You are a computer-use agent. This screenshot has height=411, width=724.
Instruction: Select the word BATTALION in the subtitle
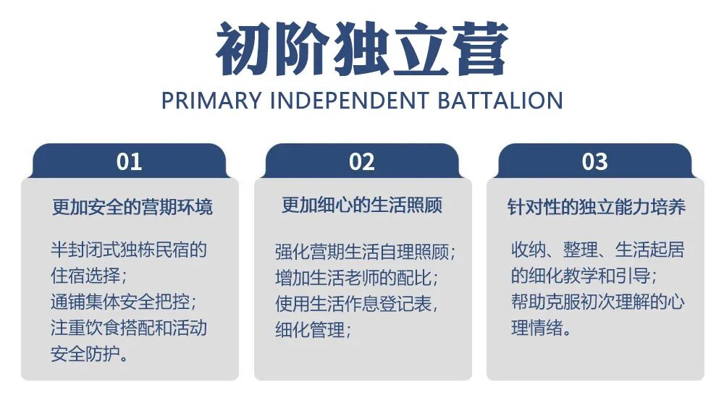tap(500, 101)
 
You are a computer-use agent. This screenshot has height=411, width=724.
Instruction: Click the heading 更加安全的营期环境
tap(132, 207)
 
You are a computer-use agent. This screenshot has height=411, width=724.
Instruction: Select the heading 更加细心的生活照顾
tap(362, 205)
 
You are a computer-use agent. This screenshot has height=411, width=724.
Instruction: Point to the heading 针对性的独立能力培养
tap(596, 207)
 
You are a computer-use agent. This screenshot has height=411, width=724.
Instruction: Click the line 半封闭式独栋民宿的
tap(129, 250)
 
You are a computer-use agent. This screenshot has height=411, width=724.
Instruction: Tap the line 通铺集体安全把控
tap(123, 301)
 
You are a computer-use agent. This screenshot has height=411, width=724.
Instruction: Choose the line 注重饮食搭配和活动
tap(129, 327)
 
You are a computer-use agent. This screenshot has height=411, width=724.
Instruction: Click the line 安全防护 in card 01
tap(91, 354)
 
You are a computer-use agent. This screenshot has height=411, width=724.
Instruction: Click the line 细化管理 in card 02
tap(313, 330)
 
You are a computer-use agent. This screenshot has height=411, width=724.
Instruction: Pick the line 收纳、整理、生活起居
tap(597, 250)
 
